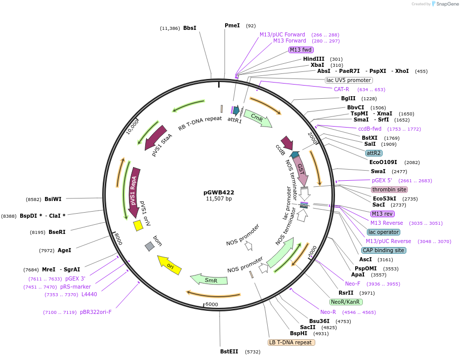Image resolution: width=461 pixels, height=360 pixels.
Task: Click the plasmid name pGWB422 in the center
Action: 219,192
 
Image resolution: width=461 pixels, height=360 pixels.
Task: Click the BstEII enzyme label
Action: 229,351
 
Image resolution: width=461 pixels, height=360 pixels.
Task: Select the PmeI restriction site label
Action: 232,25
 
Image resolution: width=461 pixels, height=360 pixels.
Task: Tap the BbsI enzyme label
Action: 190,28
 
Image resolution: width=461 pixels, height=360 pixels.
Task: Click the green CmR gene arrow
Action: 258,118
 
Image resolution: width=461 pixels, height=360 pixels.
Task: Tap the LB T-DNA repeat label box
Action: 291,342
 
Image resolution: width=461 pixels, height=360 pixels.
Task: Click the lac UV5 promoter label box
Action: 348,80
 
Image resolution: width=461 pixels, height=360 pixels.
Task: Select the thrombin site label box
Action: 389,189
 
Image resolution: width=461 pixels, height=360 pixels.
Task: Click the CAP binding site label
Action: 383,250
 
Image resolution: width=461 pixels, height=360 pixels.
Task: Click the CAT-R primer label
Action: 342,89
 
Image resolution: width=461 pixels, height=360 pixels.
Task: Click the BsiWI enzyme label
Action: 53,199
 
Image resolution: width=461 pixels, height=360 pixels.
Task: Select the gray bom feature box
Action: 149,247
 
